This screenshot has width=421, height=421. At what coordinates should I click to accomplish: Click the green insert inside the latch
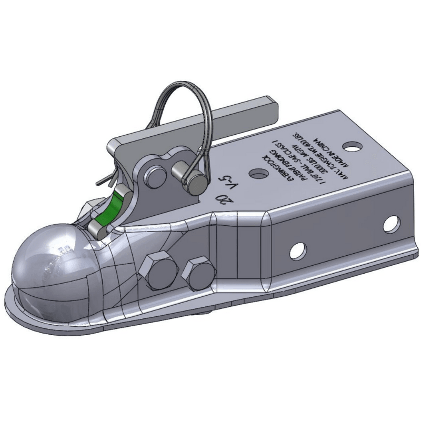click(x=109, y=207)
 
